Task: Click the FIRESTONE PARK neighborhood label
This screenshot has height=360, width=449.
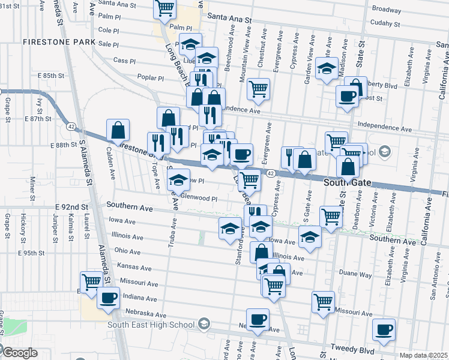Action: click(x=59, y=42)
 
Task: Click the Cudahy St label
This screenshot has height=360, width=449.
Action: click(x=385, y=24)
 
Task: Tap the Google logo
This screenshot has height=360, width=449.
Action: click(x=20, y=352)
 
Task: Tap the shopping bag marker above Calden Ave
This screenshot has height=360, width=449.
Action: click(x=118, y=130)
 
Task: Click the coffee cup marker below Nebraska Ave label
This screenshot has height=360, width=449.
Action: click(x=258, y=320)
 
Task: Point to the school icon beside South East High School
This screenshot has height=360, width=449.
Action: click(x=204, y=325)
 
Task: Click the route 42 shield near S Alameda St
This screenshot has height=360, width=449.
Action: click(x=71, y=127)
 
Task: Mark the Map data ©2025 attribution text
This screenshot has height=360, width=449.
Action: click(x=424, y=355)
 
